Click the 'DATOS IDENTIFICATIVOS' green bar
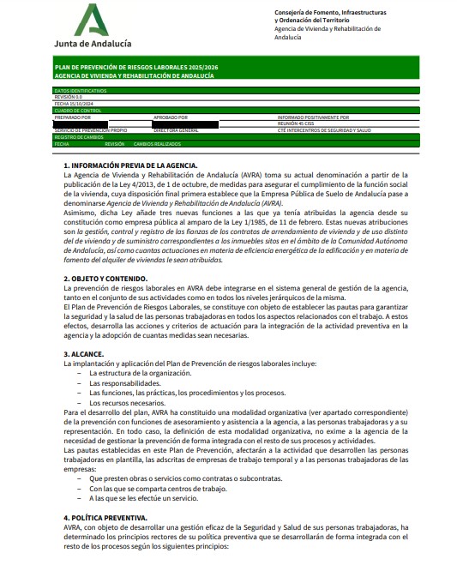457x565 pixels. [x=81, y=90]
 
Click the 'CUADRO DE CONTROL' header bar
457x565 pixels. [x=78, y=111]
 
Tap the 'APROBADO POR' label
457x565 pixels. [x=171, y=117]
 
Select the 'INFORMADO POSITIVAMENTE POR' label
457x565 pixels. [x=313, y=117]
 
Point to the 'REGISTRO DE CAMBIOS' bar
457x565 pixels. [x=80, y=137]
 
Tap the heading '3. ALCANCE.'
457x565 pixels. [x=84, y=353]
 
